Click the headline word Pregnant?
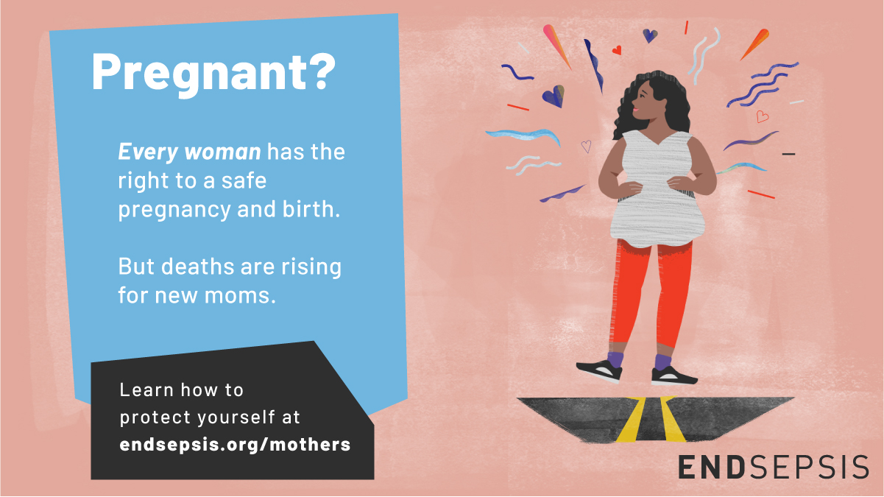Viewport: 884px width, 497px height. click(x=213, y=74)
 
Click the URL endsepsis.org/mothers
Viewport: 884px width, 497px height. click(x=235, y=445)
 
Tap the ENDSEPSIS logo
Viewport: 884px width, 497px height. click(x=774, y=467)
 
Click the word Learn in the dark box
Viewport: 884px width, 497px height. click(x=146, y=390)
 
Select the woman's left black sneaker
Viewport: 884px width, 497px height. click(x=600, y=371)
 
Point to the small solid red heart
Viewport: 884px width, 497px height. click(x=617, y=50)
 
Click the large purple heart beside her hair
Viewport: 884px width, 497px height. click(x=554, y=96)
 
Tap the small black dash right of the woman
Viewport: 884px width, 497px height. click(x=788, y=154)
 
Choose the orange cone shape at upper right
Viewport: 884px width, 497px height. click(x=755, y=44)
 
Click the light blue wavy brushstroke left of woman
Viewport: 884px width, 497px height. click(x=523, y=135)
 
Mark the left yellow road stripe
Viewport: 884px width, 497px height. click(x=632, y=419)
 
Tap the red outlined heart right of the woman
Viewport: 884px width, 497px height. click(x=762, y=116)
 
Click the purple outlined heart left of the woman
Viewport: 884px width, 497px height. click(x=587, y=146)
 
